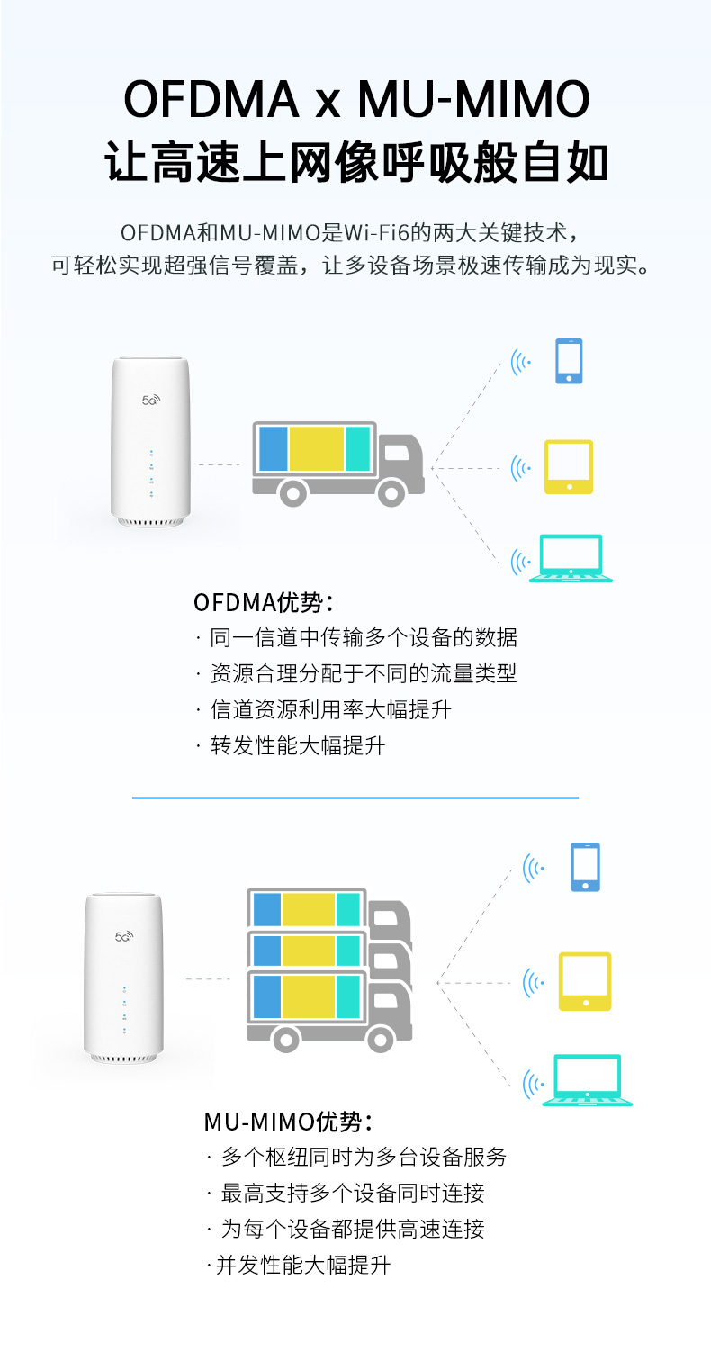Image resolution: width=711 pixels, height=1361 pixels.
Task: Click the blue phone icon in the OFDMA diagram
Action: pos(569,361)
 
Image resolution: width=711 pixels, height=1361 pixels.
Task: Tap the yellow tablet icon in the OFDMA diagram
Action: pos(569,466)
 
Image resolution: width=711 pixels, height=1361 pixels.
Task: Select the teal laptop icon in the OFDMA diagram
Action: pos(571,559)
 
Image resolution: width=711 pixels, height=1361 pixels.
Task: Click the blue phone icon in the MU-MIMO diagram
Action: pos(585,867)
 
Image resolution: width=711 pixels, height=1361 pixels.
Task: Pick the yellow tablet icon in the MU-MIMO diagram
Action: pos(585,981)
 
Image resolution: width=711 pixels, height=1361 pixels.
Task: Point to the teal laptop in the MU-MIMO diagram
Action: pos(587,1080)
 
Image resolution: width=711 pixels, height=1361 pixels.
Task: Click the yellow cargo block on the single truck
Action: pos(317,448)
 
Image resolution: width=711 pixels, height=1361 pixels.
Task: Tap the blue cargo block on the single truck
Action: pos(273,448)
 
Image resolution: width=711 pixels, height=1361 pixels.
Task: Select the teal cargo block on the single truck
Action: pos(358,448)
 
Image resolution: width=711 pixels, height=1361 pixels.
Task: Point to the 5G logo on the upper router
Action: pos(150,400)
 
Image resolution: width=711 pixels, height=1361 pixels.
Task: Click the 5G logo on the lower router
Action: pos(123,936)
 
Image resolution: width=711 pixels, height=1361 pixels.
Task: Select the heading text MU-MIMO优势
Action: pos(287,1122)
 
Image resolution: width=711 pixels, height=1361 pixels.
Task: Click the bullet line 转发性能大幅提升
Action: pos(298,745)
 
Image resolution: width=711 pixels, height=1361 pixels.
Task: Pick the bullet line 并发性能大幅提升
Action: pos(303,1265)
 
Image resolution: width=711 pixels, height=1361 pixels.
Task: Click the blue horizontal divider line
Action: pos(355,798)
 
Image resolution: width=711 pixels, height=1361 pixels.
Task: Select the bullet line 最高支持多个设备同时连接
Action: pos(353,1193)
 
